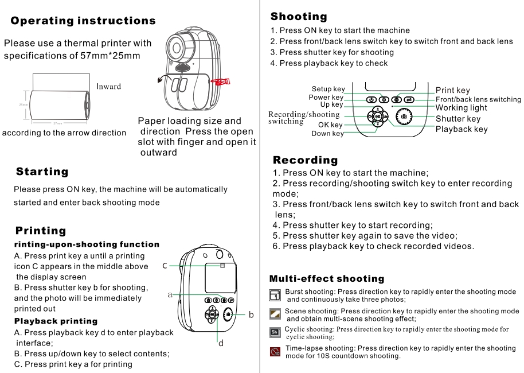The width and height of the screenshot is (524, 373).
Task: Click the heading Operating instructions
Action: point(83,21)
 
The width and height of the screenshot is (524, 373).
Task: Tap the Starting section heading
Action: point(42,172)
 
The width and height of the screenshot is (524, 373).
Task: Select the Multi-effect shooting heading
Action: point(327,279)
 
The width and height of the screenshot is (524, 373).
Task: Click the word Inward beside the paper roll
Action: point(108,87)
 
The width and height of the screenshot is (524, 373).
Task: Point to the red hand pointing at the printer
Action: point(220,82)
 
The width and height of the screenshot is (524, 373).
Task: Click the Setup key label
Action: point(328,89)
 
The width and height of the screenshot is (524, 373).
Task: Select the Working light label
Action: point(461,108)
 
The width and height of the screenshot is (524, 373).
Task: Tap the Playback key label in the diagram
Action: point(462,129)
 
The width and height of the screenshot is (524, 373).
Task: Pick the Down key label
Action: point(327,134)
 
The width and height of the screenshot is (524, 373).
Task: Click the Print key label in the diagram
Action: point(452,90)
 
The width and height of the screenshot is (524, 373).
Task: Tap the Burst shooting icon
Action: point(275,296)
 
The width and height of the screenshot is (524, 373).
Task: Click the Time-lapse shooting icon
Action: point(275,351)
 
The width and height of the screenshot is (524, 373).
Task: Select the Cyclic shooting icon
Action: point(275,332)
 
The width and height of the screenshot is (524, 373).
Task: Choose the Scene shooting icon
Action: point(275,313)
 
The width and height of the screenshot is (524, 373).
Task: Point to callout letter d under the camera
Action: point(220,344)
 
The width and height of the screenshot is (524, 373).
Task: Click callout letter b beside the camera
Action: point(251,314)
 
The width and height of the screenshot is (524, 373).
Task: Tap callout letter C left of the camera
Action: point(165,266)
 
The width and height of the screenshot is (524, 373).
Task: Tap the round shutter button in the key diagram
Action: point(404,116)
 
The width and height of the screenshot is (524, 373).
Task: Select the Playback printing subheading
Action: point(56,321)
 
